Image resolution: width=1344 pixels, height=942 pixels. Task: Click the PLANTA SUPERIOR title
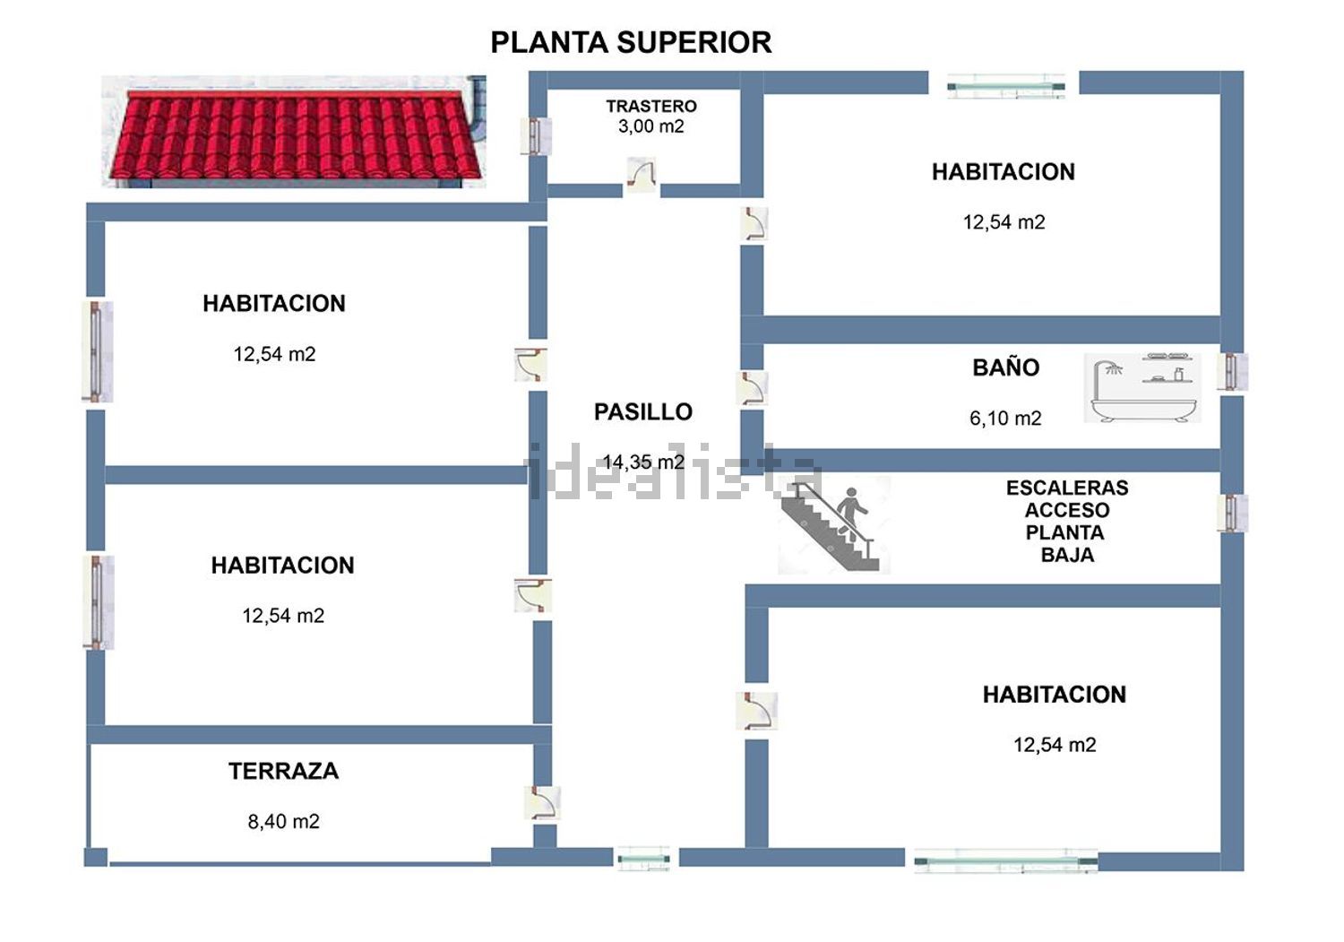click(x=631, y=43)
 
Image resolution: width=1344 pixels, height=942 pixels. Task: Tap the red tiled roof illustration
click(x=293, y=132)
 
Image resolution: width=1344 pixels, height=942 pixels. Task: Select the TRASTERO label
click(x=651, y=107)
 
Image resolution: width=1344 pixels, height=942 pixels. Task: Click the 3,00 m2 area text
click(x=651, y=126)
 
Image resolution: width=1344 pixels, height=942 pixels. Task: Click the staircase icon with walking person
click(x=834, y=526)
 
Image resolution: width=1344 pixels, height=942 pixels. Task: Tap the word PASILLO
click(x=643, y=412)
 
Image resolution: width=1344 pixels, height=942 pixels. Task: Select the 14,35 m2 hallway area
click(x=643, y=462)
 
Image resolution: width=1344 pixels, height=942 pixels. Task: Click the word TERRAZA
click(x=283, y=771)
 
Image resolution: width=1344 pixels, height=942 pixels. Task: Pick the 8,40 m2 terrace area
click(x=283, y=821)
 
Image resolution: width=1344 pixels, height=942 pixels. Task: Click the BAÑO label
click(x=1005, y=367)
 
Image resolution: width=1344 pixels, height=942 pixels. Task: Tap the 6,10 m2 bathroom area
click(x=1005, y=418)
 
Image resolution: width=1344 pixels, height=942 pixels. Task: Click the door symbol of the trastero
click(x=642, y=174)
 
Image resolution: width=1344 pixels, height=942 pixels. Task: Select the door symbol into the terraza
click(x=542, y=803)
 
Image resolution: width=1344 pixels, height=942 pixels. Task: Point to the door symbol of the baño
click(x=753, y=388)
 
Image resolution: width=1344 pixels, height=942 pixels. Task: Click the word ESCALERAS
click(x=1067, y=488)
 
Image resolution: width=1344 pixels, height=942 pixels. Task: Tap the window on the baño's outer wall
click(x=1232, y=372)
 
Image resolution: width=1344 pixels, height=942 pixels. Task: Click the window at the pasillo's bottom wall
click(x=644, y=860)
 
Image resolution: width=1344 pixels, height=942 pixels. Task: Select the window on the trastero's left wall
click(x=536, y=136)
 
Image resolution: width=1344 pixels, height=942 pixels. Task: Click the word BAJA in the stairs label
click(x=1067, y=556)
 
